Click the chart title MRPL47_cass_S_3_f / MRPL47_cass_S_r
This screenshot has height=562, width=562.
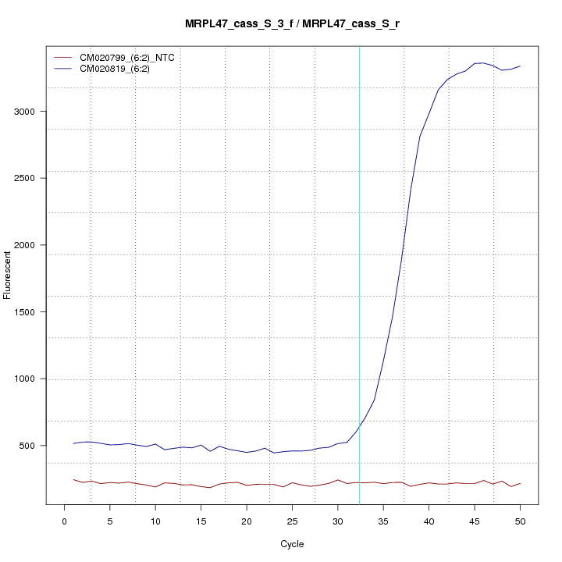tap(293, 24)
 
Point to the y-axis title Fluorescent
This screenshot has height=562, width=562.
tap(8, 274)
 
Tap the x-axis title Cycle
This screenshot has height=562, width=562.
tap(292, 544)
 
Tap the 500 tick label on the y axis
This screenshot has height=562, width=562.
tap(28, 446)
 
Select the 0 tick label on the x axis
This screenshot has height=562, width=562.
tap(65, 521)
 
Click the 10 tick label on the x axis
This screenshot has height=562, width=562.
tap(155, 521)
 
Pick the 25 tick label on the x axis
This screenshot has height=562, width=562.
tap(292, 521)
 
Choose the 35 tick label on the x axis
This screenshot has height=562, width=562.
tap(383, 521)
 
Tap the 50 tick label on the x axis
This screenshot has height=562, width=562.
tap(520, 521)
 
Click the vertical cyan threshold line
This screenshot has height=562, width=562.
tap(359, 234)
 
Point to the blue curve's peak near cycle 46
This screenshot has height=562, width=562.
tap(483, 62)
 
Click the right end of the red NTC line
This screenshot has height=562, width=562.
tap(520, 483)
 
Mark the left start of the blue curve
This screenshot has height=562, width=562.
tap(73, 443)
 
